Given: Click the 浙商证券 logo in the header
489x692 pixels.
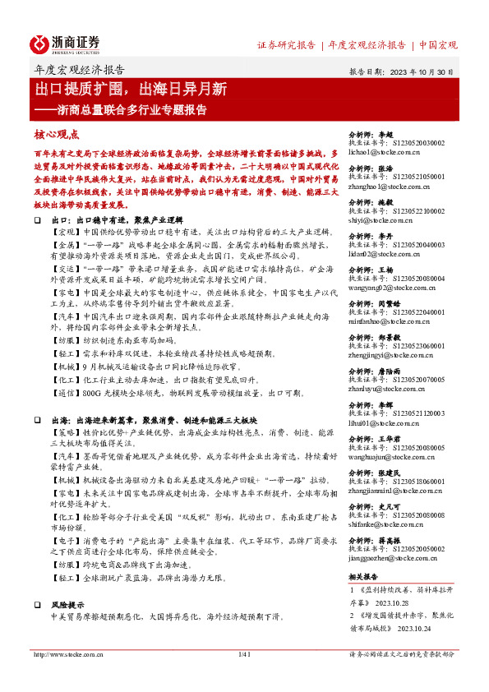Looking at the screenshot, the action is coord(66,44).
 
